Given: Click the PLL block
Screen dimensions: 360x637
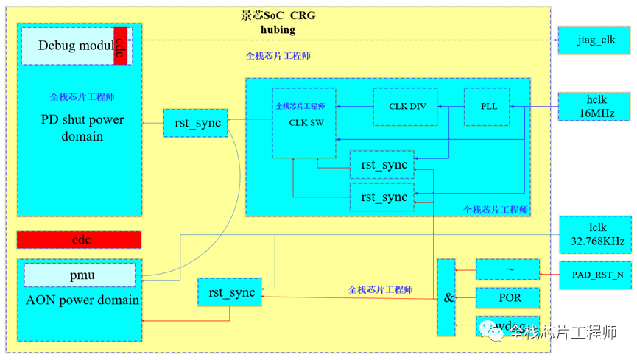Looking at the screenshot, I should [x=489, y=107].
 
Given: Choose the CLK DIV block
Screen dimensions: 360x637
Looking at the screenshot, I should [x=407, y=107].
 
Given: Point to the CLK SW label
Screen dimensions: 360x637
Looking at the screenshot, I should [x=304, y=123].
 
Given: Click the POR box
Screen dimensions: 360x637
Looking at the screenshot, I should [x=507, y=297].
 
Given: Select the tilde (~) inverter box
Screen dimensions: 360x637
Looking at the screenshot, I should [x=507, y=269].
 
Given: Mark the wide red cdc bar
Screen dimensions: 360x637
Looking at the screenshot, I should [x=79, y=240].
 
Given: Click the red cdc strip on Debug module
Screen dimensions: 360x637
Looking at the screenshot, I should [x=121, y=46].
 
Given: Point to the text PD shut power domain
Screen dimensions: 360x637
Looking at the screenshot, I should [x=82, y=128].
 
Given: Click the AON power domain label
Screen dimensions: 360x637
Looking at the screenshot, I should [x=82, y=300].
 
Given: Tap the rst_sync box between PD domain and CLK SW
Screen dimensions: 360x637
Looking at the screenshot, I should [x=197, y=123].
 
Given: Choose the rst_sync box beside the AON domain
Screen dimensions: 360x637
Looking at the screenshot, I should [x=230, y=292].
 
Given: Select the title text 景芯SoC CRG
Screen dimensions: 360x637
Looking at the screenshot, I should [x=278, y=15].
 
